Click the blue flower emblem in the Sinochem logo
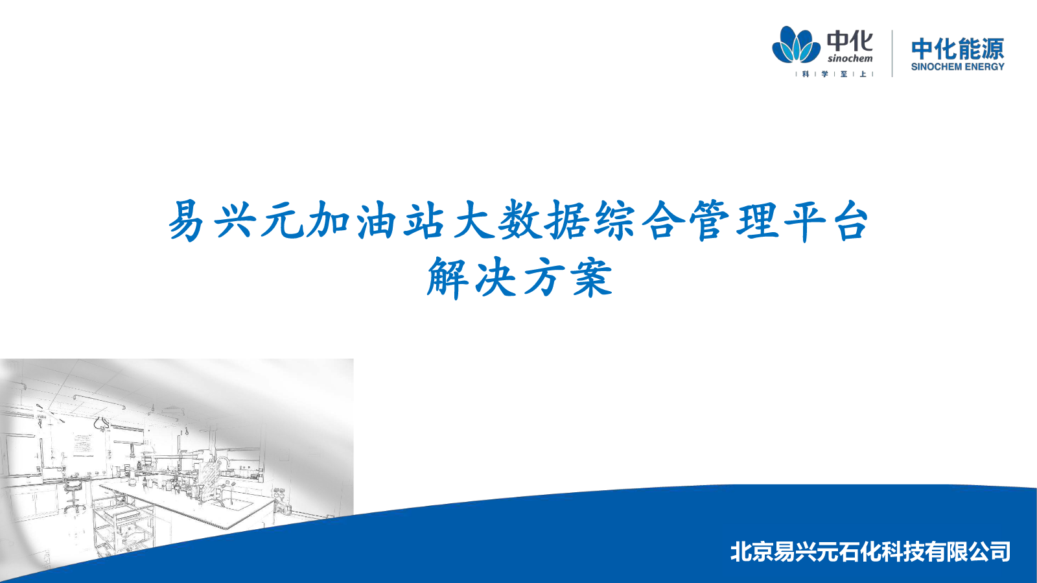point(796,45)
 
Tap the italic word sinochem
point(850,58)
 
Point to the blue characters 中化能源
point(958,49)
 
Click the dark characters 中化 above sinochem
point(850,41)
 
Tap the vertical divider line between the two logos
point(892,53)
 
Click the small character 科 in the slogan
point(806,74)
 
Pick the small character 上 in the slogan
point(863,74)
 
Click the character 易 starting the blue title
point(186,221)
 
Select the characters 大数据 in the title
point(521,221)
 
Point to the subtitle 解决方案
point(519,278)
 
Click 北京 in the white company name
point(752,552)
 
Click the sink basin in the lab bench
point(236,505)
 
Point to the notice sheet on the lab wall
point(84,444)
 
